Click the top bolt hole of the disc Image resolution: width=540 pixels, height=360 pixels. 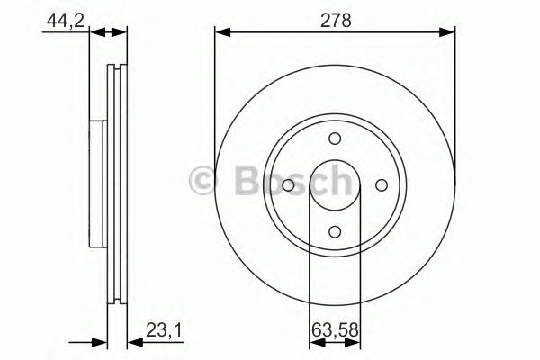tap(335, 138)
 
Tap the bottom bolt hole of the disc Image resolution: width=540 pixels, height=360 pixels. tap(335, 230)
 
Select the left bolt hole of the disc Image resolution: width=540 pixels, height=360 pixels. tap(288, 184)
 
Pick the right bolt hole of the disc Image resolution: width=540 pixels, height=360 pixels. tap(381, 184)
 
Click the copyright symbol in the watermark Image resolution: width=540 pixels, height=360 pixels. tap(202, 183)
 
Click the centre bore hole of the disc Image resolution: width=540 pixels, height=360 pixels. tap(335, 184)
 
